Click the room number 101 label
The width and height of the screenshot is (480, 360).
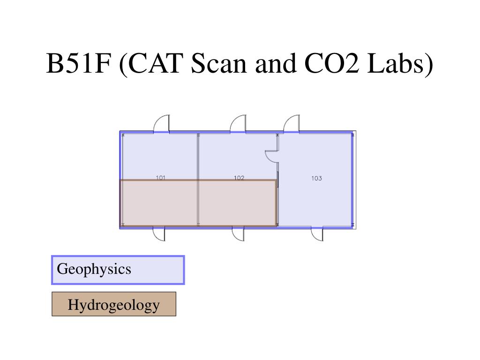tap(161, 178)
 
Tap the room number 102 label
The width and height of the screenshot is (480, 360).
tap(239, 178)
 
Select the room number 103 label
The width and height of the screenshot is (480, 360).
tap(316, 178)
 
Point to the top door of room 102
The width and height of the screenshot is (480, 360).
tap(238, 124)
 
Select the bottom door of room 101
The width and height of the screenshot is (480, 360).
tap(159, 233)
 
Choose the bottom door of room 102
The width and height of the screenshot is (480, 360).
tap(238, 233)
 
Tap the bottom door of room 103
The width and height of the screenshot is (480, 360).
tap(317, 233)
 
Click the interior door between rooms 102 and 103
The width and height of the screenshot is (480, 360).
tap(272, 156)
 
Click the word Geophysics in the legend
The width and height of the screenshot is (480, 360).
tap(94, 270)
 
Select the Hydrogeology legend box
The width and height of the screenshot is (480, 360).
tap(114, 304)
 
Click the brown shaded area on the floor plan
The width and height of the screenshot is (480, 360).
tap(198, 203)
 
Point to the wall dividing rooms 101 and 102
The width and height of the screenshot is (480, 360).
tap(198, 157)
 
